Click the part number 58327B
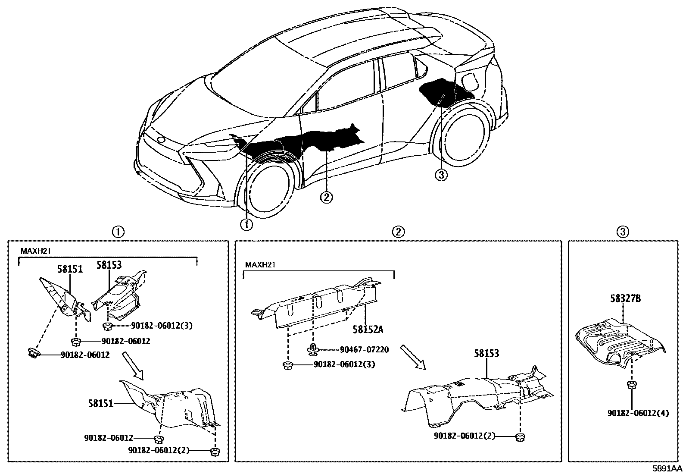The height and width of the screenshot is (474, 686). point(625,298)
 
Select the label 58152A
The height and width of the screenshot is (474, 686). point(368,330)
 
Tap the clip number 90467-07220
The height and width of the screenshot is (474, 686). point(364,350)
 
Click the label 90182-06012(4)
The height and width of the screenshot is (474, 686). point(638,413)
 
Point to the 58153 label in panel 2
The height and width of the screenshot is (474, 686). point(486,353)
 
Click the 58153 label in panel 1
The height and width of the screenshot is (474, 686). point(109,265)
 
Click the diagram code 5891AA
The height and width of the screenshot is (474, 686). point(667,468)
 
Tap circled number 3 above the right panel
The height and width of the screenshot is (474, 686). point(622,232)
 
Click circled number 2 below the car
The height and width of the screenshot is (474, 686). point(326,197)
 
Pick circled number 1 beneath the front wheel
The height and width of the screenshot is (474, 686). point(247,224)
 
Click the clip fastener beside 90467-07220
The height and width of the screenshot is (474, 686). point(314,350)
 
